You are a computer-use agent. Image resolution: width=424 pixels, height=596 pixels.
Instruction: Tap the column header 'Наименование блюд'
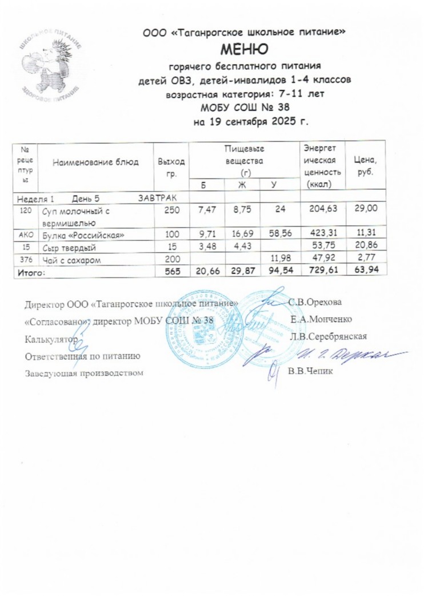[95, 162]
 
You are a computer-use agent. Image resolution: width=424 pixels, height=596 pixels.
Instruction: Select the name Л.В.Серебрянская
[328, 336]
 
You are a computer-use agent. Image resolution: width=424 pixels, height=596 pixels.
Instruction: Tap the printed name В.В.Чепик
[310, 371]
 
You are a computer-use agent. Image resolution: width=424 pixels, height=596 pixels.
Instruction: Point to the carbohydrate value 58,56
[279, 235]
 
